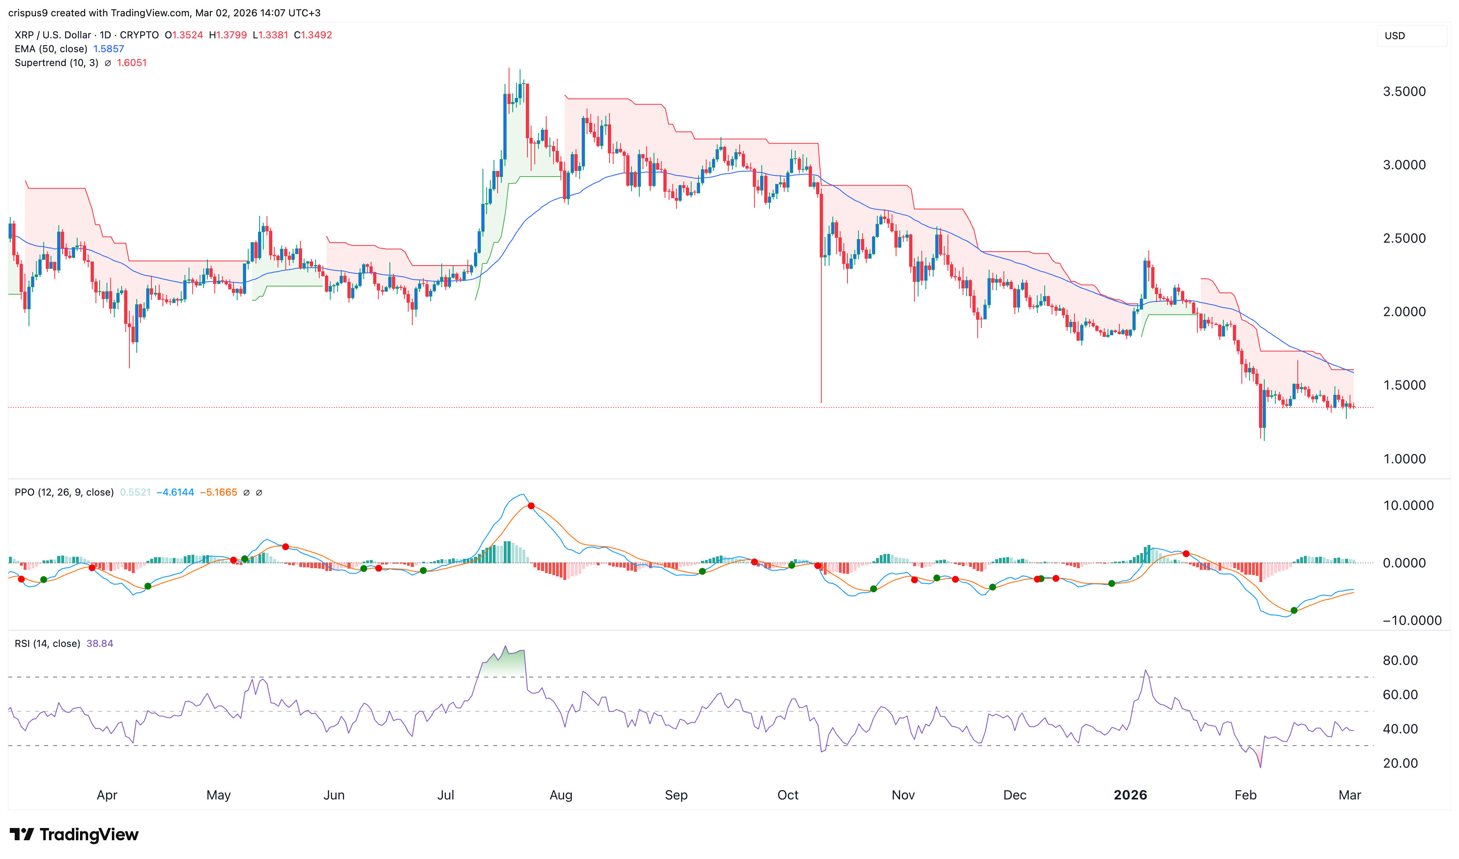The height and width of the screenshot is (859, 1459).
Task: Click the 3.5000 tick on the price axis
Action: click(x=1404, y=91)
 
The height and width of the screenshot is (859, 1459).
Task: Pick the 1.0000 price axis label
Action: click(x=1404, y=459)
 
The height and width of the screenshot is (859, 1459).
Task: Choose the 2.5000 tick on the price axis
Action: click(x=1404, y=239)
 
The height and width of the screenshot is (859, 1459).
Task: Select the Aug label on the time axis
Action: click(x=560, y=795)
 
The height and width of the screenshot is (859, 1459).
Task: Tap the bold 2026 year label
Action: click(x=1130, y=795)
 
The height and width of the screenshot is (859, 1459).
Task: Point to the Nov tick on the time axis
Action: click(x=903, y=795)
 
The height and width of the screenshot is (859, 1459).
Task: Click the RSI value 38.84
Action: click(x=100, y=644)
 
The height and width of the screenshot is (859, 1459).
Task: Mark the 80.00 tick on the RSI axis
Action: click(x=1400, y=660)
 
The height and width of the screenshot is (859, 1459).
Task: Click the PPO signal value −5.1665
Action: click(x=218, y=493)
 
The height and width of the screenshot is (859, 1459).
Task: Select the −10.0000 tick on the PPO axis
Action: click(x=1412, y=620)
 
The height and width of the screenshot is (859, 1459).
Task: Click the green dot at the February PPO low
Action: click(x=1294, y=611)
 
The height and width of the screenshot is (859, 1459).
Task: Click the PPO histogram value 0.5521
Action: click(x=135, y=493)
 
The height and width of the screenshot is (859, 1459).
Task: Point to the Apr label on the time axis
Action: click(x=107, y=795)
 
